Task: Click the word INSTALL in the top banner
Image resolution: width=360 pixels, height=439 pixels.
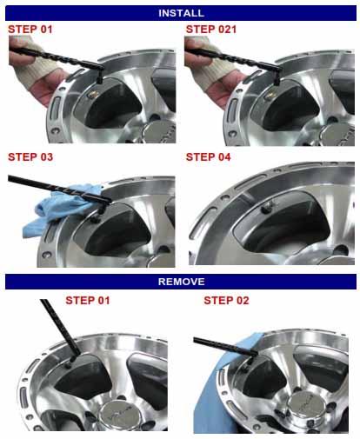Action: [x=181, y=13]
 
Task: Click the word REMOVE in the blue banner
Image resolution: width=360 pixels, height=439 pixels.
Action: [x=181, y=282]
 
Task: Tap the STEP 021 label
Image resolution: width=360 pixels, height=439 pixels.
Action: [x=211, y=30]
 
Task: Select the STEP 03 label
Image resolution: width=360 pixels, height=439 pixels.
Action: [x=30, y=157]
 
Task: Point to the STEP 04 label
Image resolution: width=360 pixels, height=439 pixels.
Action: [x=208, y=157]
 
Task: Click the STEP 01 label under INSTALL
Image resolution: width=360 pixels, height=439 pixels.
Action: [x=30, y=30]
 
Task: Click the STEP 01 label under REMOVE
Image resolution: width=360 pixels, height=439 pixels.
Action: [x=88, y=301]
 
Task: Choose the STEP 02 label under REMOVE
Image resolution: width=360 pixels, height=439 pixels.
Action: [x=226, y=301]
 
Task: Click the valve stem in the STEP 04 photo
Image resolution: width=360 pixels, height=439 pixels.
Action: [x=267, y=206]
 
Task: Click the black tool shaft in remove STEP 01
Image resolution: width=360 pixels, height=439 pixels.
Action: [x=60, y=328]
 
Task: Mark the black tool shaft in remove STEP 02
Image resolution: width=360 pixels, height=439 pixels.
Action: [x=225, y=347]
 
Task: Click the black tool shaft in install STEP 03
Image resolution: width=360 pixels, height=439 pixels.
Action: [x=58, y=189]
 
